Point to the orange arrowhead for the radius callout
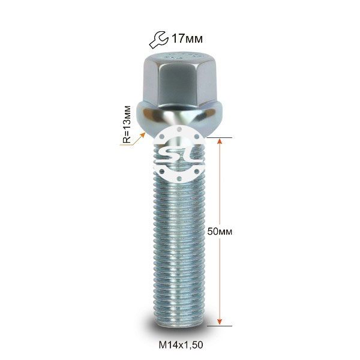(143, 136)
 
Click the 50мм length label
(220, 232)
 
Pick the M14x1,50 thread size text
(181, 344)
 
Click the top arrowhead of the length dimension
(220, 141)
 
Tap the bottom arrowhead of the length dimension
(220, 322)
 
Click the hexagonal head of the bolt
(179, 80)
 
